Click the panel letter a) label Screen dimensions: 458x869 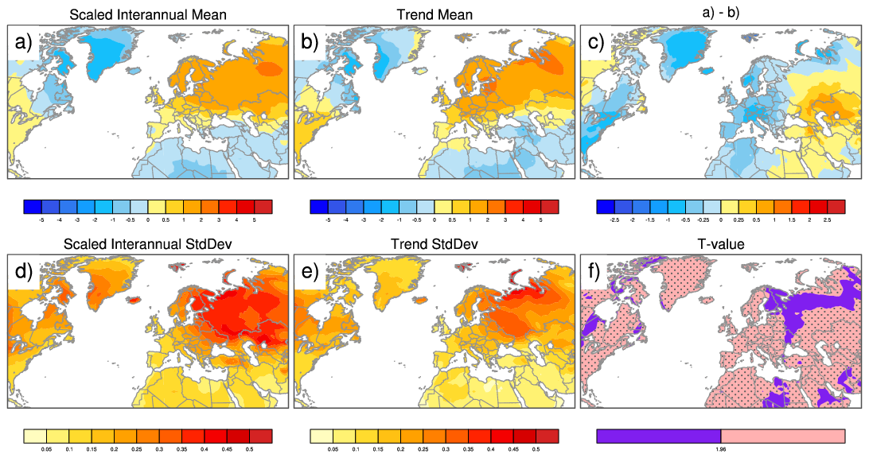click(21, 41)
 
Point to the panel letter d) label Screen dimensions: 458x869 click(21, 271)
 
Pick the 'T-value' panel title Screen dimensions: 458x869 click(720, 244)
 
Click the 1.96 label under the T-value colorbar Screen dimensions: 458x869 click(720, 449)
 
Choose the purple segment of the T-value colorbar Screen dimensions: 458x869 click(658, 436)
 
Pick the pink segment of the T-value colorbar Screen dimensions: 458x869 click(782, 436)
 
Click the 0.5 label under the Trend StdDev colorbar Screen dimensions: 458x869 click(536, 449)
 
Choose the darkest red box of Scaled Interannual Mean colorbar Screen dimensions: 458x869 click(264, 206)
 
